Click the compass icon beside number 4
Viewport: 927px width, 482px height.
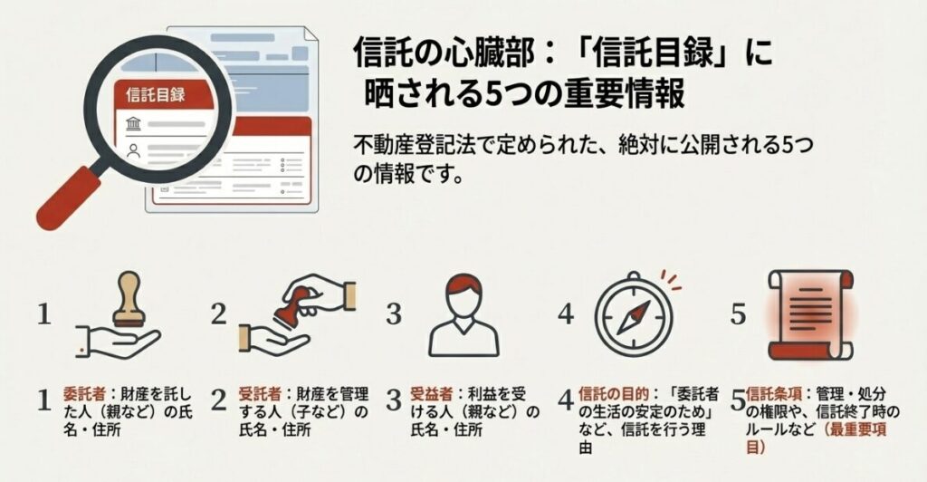[636, 313]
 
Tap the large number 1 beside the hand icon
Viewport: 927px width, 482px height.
[44, 314]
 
